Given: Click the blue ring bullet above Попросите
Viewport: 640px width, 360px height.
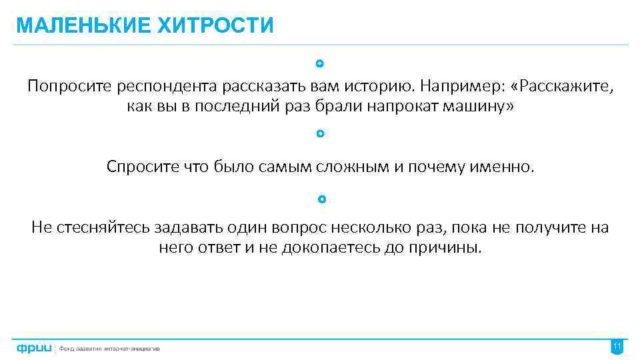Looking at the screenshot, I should pos(320,64).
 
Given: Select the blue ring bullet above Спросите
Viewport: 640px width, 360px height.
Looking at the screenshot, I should pos(320,133).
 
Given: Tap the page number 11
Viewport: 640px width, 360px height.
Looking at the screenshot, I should pos(617,347).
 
